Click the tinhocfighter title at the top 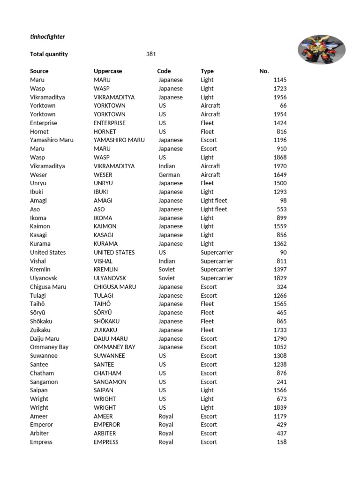[x=47, y=37]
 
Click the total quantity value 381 [x=151, y=54]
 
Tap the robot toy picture [x=322, y=50]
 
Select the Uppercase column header [x=108, y=71]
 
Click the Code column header [x=164, y=71]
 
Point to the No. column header [x=264, y=71]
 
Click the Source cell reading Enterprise [x=44, y=123]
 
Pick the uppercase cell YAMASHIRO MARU [x=119, y=140]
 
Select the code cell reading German [x=169, y=175]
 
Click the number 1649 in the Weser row [x=280, y=175]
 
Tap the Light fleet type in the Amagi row [x=214, y=201]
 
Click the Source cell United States [x=48, y=252]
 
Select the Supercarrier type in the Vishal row [x=217, y=261]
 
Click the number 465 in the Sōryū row [x=282, y=313]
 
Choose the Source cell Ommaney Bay [x=49, y=347]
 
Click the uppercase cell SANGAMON [x=109, y=382]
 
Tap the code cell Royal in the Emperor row [x=166, y=425]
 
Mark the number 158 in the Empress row [x=282, y=442]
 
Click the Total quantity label [x=49, y=54]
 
